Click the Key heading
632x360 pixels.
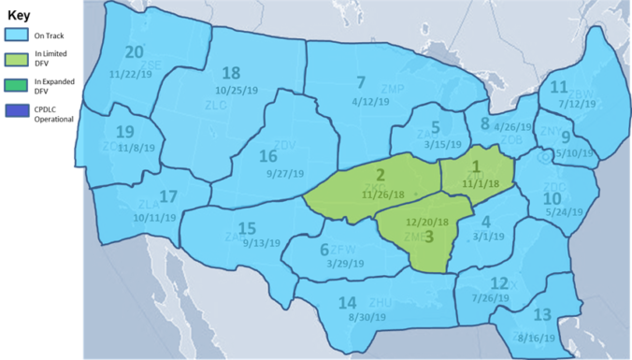click(20, 15)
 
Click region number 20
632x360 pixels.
click(135, 52)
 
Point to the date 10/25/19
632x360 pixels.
click(234, 92)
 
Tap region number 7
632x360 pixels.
click(361, 82)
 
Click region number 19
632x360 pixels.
click(124, 132)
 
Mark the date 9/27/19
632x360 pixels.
click(284, 174)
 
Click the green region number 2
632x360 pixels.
click(381, 176)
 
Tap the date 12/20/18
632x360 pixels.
click(428, 222)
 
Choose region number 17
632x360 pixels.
click(168, 197)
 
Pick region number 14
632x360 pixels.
click(347, 302)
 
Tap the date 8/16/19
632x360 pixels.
click(534, 337)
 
